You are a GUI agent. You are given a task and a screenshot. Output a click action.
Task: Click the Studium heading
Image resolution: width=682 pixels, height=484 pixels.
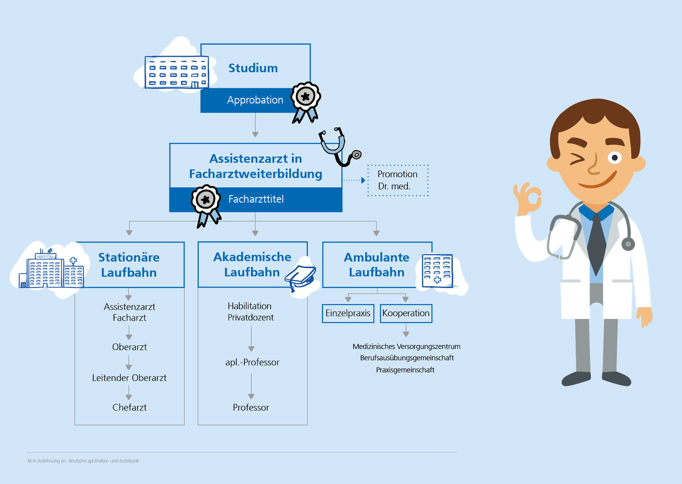(253, 68)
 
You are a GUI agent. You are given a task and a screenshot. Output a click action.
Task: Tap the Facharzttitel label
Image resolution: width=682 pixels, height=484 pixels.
(256, 199)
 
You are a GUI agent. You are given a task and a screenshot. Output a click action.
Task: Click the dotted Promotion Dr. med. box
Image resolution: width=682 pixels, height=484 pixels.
(398, 180)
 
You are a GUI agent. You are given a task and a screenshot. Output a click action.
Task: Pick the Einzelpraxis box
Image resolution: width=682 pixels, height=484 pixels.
(348, 313)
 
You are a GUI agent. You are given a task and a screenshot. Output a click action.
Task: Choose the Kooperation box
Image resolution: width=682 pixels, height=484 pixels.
(406, 313)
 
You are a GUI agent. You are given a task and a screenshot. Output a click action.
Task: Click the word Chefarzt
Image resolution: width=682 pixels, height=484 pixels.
(130, 408)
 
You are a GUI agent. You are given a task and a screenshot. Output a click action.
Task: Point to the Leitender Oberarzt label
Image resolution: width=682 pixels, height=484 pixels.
(130, 378)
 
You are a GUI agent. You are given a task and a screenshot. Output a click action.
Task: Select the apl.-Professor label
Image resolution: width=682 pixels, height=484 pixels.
(252, 363)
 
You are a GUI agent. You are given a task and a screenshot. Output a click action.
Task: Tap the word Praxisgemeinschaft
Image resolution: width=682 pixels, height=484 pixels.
(405, 370)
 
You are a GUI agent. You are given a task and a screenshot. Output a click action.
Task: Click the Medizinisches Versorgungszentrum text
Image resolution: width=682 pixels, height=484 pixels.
(406, 347)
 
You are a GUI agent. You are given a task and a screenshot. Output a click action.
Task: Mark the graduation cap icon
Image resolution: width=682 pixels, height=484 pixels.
(300, 278)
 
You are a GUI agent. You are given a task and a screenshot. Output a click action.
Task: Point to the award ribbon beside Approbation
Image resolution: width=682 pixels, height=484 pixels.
(305, 102)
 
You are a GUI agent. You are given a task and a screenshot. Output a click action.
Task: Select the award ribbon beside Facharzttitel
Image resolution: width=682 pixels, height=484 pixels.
(206, 205)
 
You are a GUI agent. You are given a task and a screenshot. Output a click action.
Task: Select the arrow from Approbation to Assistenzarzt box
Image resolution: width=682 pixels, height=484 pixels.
(255, 125)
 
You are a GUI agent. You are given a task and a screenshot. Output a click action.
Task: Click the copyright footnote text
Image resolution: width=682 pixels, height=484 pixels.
(83, 461)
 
